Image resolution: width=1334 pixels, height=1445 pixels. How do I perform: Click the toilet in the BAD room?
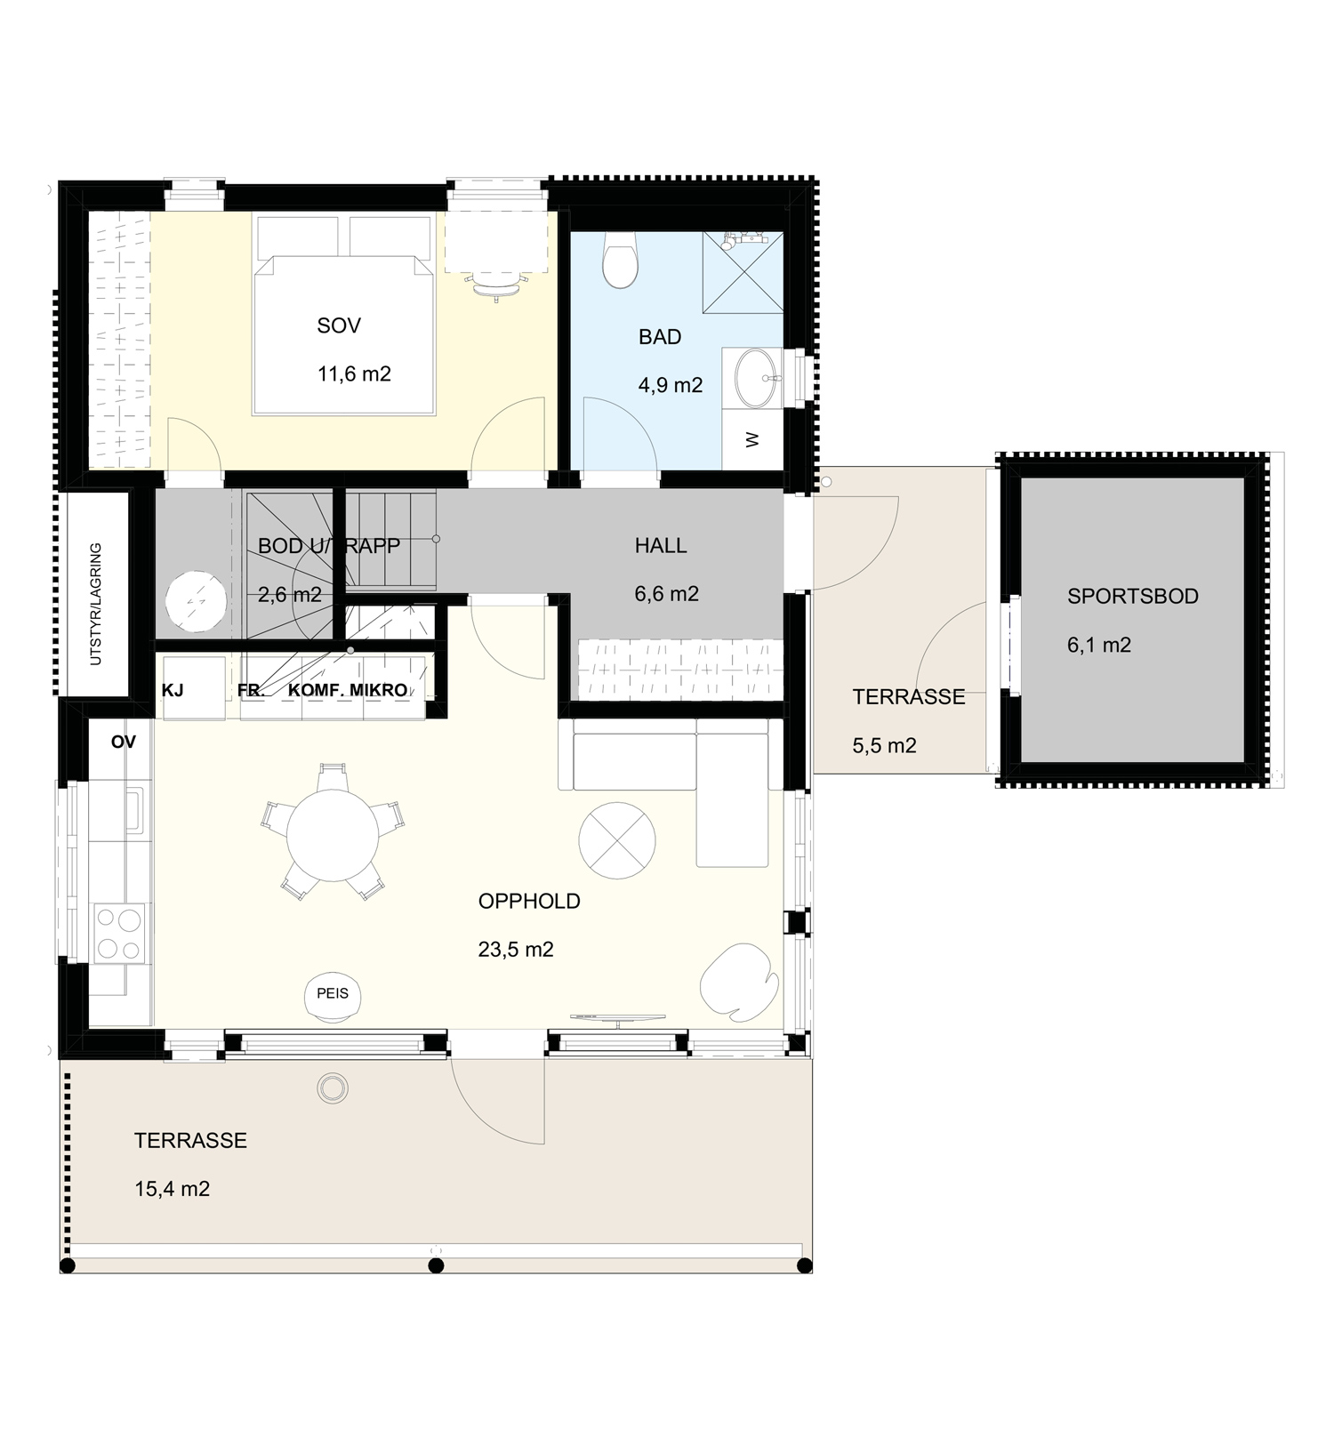620,260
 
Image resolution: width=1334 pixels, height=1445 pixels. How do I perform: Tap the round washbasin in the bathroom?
756,378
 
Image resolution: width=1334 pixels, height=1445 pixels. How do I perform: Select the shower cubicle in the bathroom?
743,272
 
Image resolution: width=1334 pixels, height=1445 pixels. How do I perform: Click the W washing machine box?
752,440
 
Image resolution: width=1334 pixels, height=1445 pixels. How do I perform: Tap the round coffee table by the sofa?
617,840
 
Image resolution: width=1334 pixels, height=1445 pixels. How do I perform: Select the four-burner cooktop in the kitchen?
119,933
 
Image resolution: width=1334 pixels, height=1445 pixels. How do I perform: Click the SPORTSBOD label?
1133,597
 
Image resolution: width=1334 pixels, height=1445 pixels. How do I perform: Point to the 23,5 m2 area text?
516,950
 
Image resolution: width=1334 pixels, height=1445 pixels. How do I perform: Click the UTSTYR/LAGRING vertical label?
96,604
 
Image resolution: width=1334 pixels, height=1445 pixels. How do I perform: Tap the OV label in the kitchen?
124,742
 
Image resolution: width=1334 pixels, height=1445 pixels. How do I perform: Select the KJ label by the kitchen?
173,690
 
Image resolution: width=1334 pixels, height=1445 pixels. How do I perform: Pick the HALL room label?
661,546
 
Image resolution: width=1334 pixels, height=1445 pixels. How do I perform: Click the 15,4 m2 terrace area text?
172,1189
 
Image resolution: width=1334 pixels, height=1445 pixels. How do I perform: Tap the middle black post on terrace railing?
436,1265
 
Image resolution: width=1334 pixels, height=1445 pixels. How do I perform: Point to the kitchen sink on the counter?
133,809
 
